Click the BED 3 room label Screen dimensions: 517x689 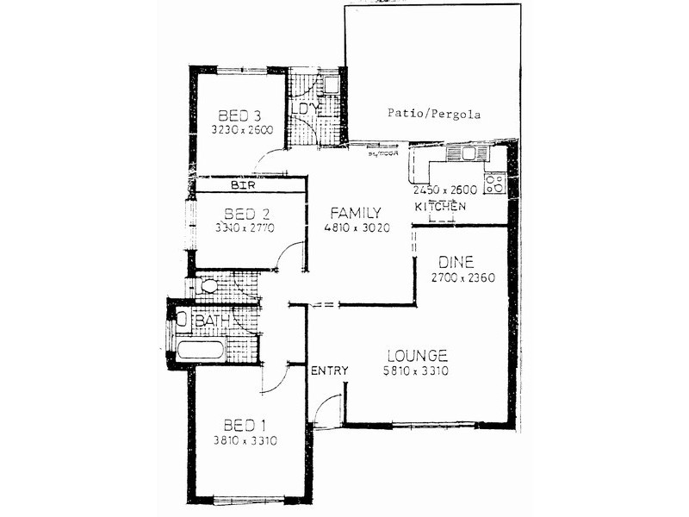pos(239,115)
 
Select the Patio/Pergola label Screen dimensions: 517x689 pos(434,114)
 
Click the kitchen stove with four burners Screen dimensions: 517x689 pos(495,183)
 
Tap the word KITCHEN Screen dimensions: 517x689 pos(440,207)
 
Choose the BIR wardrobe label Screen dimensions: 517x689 pos(241,184)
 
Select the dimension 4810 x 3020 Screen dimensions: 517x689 pos(357,229)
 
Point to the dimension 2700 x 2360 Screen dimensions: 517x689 pos(463,277)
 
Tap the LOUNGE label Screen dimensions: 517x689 pos(417,355)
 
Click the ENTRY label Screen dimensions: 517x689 pos(329,371)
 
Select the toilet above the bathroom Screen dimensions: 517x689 pos(207,287)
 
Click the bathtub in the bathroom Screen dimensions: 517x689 pos(201,350)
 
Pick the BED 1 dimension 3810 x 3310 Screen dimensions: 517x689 pos(245,441)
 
